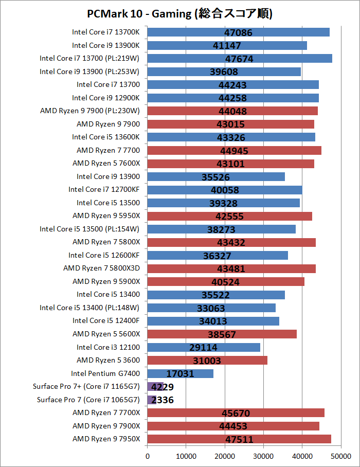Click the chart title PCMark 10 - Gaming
point(180,13)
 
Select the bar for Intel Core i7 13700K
point(238,32)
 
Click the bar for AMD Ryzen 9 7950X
point(239,439)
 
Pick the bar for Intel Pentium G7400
point(181,373)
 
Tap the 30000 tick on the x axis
point(263,456)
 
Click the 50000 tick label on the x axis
point(340,456)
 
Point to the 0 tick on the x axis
point(148,456)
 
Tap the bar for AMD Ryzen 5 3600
point(207,360)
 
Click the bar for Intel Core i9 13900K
point(227,45)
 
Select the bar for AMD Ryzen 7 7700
point(234,150)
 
